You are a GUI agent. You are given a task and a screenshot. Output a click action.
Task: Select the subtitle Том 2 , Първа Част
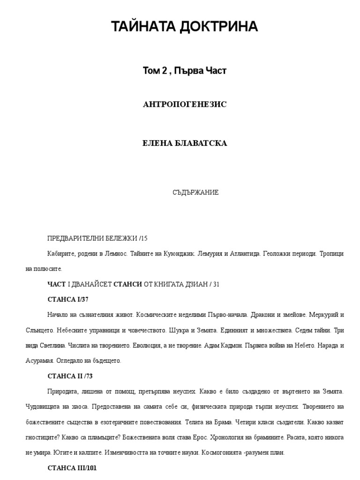(x=185, y=71)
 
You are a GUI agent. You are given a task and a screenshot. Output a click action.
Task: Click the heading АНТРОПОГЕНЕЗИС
(x=185, y=104)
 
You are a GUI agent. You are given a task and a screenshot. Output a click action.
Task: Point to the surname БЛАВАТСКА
(x=203, y=143)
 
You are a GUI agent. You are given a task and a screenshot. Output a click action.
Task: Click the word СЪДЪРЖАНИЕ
(x=196, y=193)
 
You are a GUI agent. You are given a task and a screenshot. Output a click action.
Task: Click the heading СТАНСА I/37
(x=68, y=299)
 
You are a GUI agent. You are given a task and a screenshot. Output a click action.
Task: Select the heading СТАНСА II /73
(x=73, y=376)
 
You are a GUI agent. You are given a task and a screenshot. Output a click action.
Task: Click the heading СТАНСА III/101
(x=72, y=468)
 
